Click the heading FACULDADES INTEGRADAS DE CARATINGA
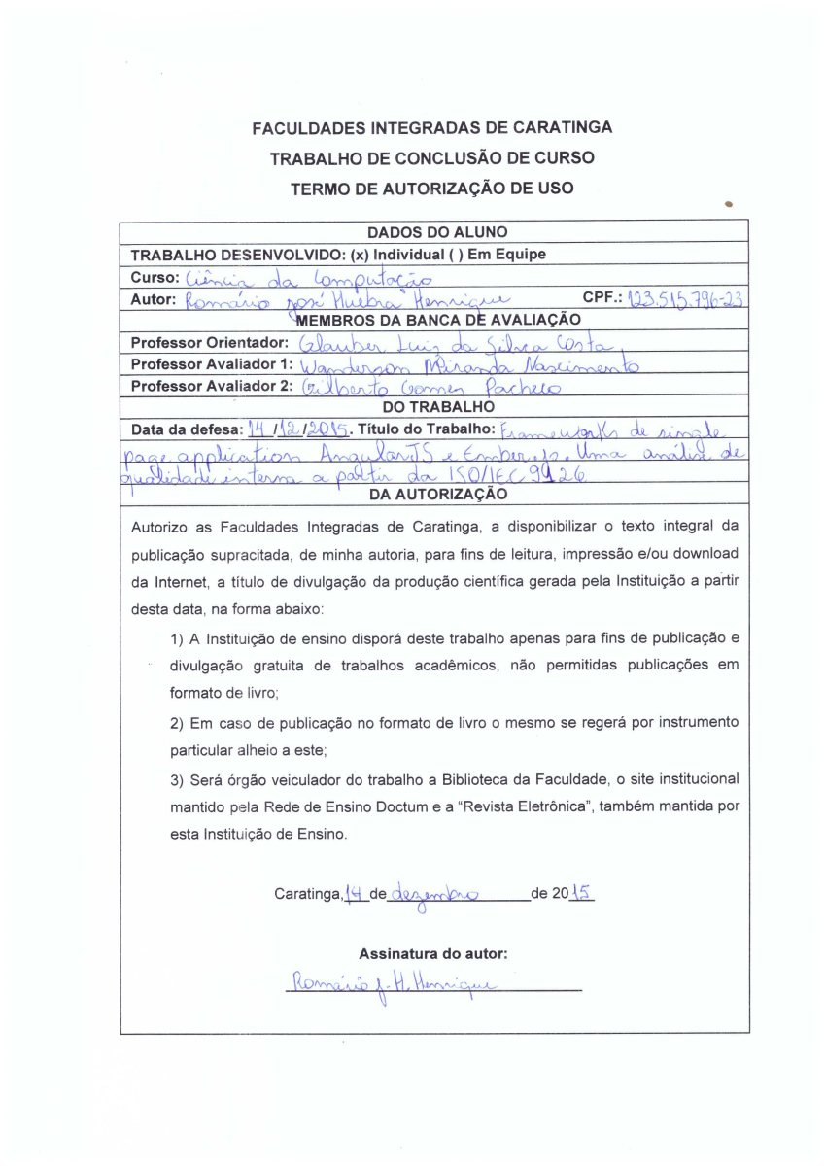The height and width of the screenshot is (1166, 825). coord(431,127)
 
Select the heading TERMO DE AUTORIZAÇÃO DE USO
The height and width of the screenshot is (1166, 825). coord(431,188)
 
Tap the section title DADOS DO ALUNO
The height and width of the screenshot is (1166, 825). coord(436,232)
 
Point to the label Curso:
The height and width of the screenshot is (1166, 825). coord(155,278)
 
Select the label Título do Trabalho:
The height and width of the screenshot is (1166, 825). coord(428,429)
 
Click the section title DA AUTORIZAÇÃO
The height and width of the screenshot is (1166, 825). coord(436,494)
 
